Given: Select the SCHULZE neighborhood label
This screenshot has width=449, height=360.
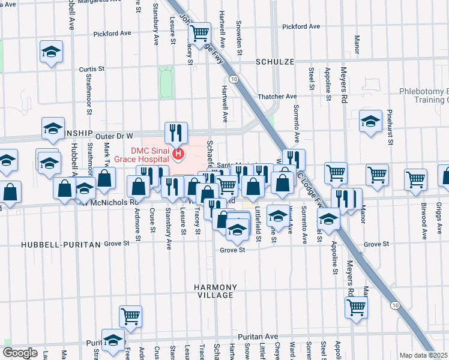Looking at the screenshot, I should point(274,62).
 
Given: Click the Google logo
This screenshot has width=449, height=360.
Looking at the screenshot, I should point(20,353).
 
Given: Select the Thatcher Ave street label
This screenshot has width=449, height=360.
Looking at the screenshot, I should point(277,96).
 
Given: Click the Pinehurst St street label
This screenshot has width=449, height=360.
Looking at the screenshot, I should point(390,127).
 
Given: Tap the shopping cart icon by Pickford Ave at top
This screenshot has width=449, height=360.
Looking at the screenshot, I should point(199,32).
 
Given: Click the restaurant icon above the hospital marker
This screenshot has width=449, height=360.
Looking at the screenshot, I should point(176,133).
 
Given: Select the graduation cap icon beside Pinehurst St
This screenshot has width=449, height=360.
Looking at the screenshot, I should point(370,121).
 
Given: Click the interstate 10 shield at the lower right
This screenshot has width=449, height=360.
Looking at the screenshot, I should point(395,305).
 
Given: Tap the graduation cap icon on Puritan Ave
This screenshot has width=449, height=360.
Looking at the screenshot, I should point(112,341).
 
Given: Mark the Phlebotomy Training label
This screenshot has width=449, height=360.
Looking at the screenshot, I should point(424,95).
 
